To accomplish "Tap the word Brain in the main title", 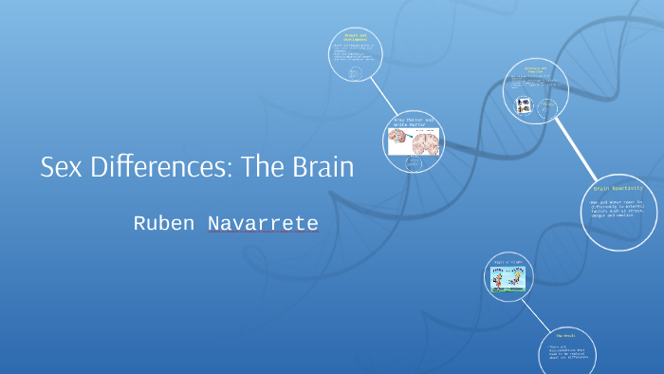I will click(x=317, y=168).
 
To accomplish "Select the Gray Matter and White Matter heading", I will click(x=414, y=122).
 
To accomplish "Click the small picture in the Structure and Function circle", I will click(x=522, y=107).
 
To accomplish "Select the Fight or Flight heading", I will click(x=508, y=262).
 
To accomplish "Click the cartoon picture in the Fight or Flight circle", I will click(x=509, y=277).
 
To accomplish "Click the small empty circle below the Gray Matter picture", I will click(x=414, y=164).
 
